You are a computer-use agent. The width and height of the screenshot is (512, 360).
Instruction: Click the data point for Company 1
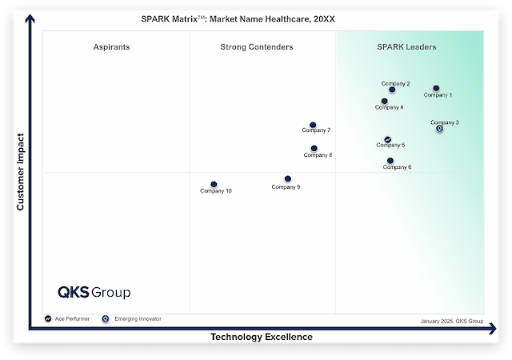[436, 88]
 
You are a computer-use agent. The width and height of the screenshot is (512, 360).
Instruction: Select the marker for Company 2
[392, 90]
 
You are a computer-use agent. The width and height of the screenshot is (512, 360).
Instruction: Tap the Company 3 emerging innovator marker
[439, 129]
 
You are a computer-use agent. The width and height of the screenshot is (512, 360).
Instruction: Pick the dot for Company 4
[385, 101]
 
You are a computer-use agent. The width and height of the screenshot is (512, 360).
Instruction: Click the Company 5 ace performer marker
[388, 139]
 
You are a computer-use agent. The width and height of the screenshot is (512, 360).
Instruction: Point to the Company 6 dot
[390, 161]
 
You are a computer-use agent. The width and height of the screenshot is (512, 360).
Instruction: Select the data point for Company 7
[313, 125]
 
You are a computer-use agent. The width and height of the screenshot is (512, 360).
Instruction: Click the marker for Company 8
[314, 148]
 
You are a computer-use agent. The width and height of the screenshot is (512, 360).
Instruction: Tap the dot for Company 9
[288, 179]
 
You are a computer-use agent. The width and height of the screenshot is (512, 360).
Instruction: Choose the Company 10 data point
[214, 184]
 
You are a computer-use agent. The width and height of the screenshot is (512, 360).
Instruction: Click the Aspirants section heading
[111, 47]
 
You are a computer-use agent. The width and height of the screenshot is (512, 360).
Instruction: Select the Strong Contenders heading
[257, 47]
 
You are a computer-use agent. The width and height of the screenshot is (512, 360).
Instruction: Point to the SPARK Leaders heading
[406, 47]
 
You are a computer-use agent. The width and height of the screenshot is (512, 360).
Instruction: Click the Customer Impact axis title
[22, 172]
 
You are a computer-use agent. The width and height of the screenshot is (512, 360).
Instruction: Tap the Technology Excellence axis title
[262, 337]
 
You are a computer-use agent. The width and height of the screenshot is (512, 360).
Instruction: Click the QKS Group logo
[94, 292]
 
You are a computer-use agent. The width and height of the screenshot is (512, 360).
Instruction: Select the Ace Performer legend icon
[49, 318]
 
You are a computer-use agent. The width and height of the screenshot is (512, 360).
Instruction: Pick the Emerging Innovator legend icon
[106, 318]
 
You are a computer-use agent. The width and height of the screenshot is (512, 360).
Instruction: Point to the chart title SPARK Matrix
[257, 18]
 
